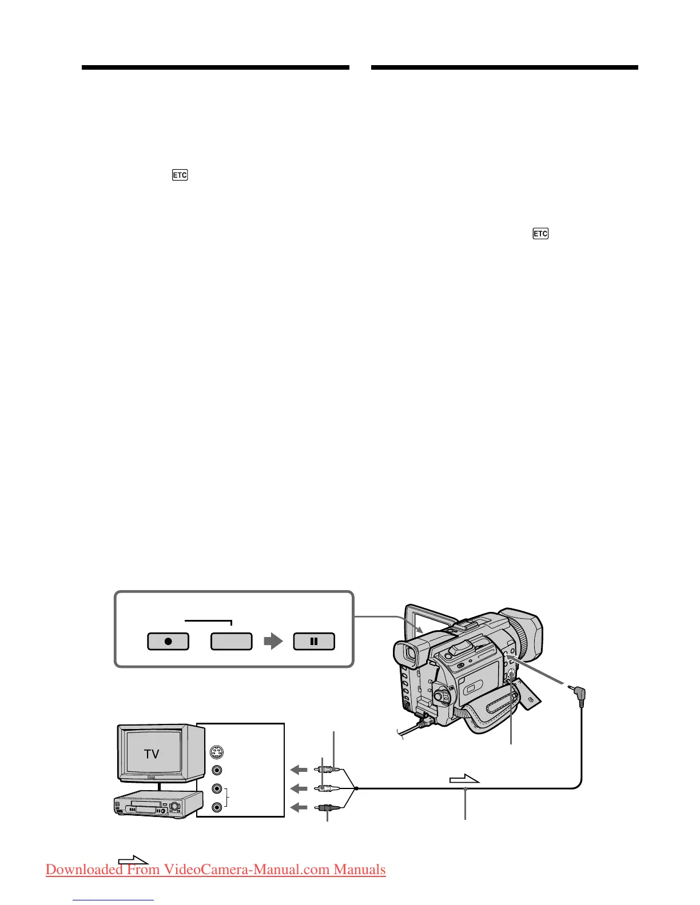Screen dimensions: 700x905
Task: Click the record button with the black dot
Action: pos(168,641)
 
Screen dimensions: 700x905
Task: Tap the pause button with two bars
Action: pos(314,641)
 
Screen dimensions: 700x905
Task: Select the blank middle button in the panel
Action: pos(231,641)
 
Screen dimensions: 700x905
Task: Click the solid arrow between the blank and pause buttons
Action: pos(273,641)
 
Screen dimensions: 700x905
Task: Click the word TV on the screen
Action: pos(152,754)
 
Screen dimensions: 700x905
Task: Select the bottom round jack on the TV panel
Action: pos(217,807)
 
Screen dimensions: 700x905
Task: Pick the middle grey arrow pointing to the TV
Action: pos(299,788)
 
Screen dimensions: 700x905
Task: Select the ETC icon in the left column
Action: pos(180,175)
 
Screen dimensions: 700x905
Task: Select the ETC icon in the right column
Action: pos(540,234)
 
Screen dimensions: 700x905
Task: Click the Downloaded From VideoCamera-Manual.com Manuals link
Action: pos(216,870)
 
